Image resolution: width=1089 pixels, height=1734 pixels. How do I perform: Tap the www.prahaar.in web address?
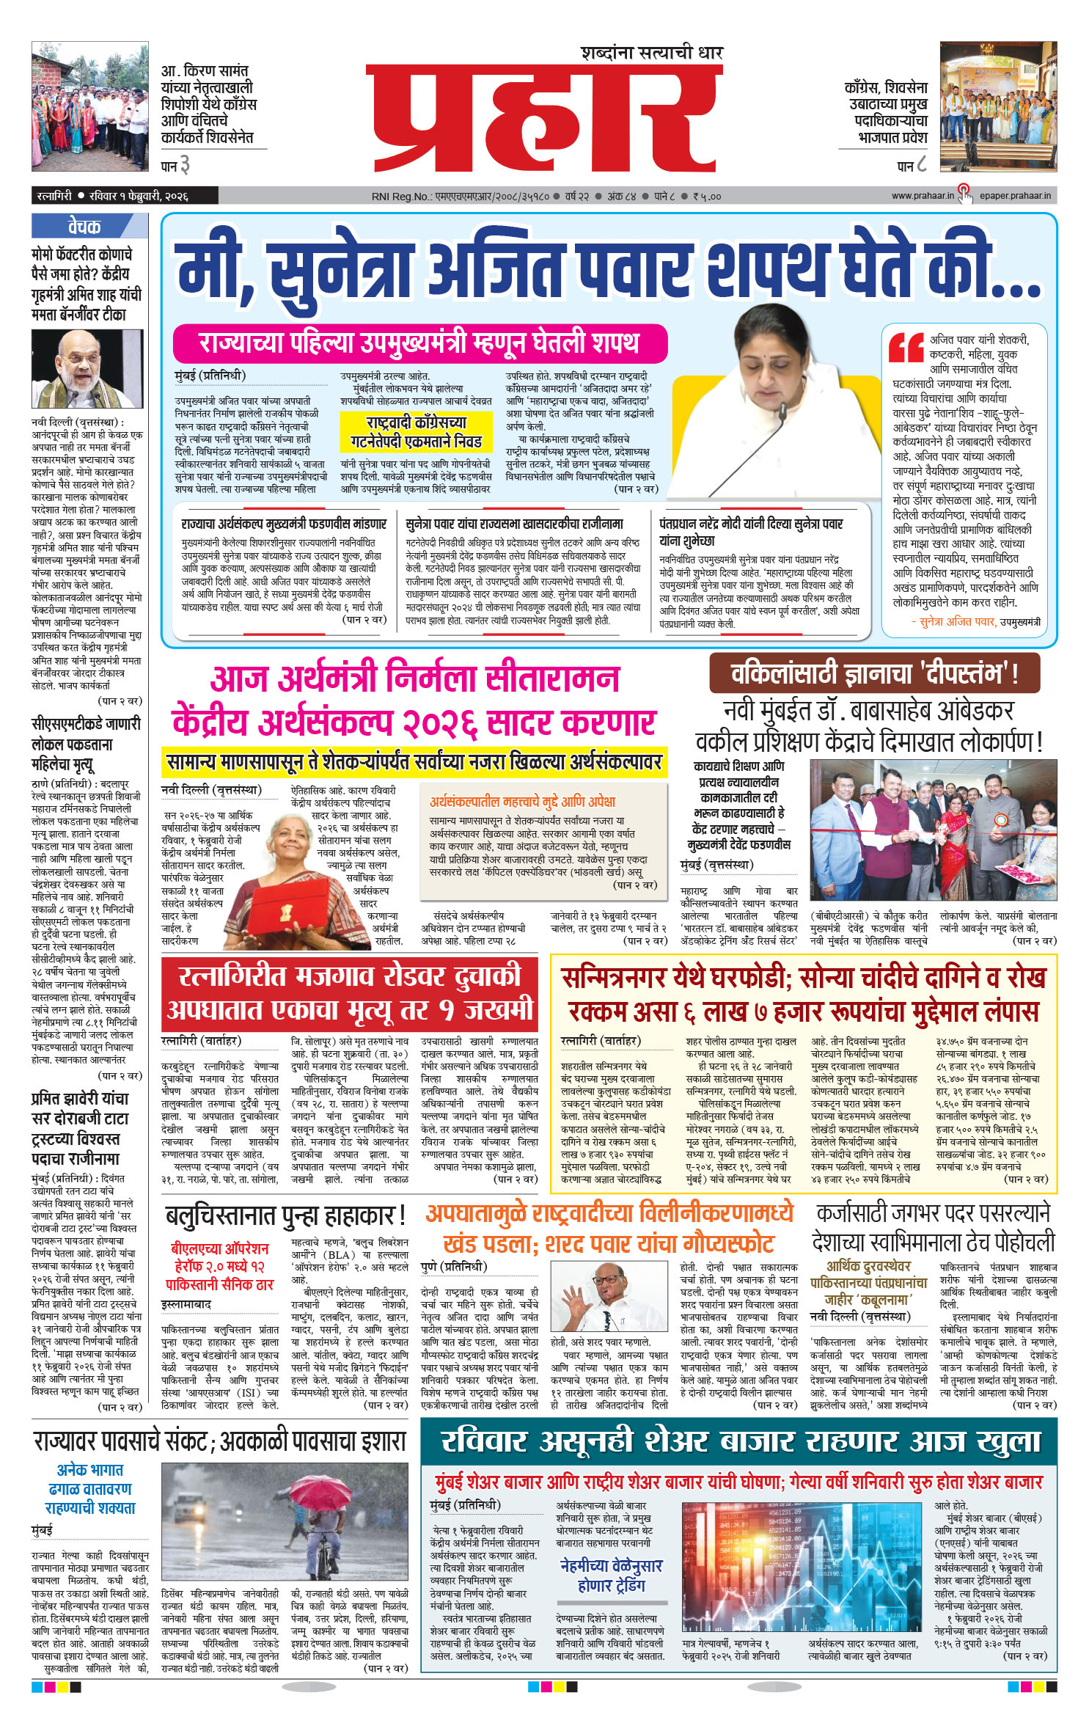pyautogui.click(x=923, y=196)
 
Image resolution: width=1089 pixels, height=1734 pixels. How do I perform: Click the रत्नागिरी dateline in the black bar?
pyautogui.click(x=54, y=196)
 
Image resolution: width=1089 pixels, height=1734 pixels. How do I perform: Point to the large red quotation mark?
pyautogui.click(x=906, y=348)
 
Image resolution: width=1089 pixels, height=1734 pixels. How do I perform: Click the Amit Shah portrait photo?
pyautogui.click(x=87, y=368)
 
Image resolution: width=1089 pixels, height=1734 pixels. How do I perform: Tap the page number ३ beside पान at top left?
pyautogui.click(x=185, y=166)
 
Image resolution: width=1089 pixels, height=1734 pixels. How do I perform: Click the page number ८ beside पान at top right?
pyautogui.click(x=922, y=166)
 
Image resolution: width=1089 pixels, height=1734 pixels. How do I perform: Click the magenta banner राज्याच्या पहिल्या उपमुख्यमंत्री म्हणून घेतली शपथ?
pyautogui.click(x=419, y=343)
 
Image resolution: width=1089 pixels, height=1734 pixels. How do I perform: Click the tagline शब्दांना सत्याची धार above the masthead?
pyautogui.click(x=651, y=53)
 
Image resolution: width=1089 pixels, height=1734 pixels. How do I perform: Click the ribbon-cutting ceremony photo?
pyautogui.click(x=933, y=830)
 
